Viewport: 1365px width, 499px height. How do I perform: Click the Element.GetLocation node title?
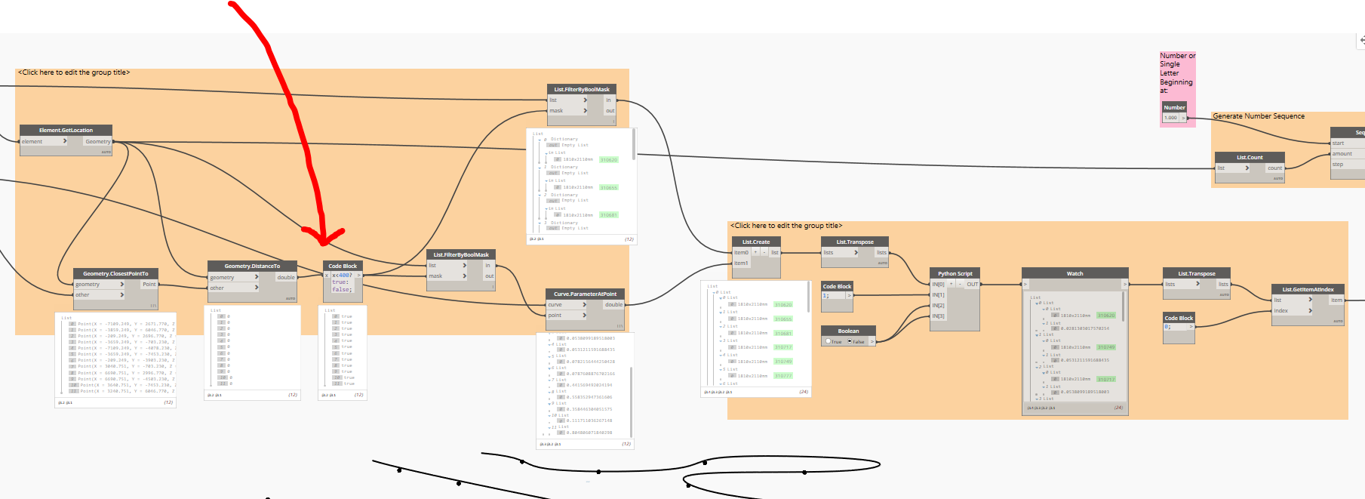[x=66, y=130]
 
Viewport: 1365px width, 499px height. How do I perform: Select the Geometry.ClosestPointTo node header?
[x=115, y=273]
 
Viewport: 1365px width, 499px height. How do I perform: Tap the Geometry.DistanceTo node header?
[x=252, y=266]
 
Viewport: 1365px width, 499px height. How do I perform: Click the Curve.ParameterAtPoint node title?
[x=585, y=294]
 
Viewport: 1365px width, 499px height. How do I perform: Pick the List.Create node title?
[x=755, y=242]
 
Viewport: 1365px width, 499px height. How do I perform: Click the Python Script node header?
[x=955, y=273]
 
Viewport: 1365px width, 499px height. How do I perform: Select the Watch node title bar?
[x=1074, y=273]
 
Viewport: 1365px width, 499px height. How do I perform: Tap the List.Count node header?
[x=1250, y=157]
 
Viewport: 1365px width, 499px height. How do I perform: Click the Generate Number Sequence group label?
[x=1258, y=116]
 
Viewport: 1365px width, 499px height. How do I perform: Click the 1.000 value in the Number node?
[x=1170, y=118]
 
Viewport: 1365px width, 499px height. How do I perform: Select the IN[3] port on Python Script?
[x=938, y=316]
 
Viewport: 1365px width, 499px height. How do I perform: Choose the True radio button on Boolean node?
[x=829, y=341]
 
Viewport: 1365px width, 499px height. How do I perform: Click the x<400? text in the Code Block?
[x=342, y=275]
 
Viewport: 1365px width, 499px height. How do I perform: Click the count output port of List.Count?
[x=1274, y=168]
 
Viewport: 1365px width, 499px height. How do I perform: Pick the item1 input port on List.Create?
[x=741, y=263]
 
